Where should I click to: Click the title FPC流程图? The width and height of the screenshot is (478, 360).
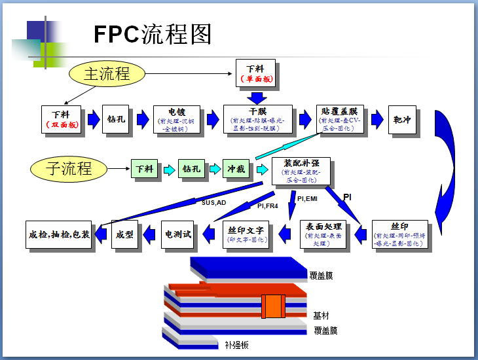[x=153, y=34]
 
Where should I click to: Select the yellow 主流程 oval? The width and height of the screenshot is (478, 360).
[x=107, y=73]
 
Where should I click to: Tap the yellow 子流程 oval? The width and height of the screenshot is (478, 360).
[x=69, y=169]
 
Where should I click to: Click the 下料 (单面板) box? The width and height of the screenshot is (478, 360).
[x=255, y=73]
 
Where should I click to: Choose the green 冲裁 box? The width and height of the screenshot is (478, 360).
[x=236, y=169]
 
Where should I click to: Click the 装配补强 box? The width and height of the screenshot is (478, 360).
[x=301, y=170]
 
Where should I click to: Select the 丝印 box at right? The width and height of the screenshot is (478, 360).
[x=399, y=234]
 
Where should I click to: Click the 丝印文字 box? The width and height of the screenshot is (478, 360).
[x=246, y=234]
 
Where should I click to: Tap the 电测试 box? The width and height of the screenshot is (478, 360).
[x=178, y=234]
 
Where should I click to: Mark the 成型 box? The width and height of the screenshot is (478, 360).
[x=125, y=234]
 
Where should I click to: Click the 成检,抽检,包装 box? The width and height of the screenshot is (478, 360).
[x=60, y=234]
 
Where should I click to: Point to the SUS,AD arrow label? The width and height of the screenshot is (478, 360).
[x=213, y=203]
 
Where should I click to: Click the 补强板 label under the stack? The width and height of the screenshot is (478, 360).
[x=236, y=345]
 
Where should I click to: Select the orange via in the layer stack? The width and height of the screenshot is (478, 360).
[x=272, y=307]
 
